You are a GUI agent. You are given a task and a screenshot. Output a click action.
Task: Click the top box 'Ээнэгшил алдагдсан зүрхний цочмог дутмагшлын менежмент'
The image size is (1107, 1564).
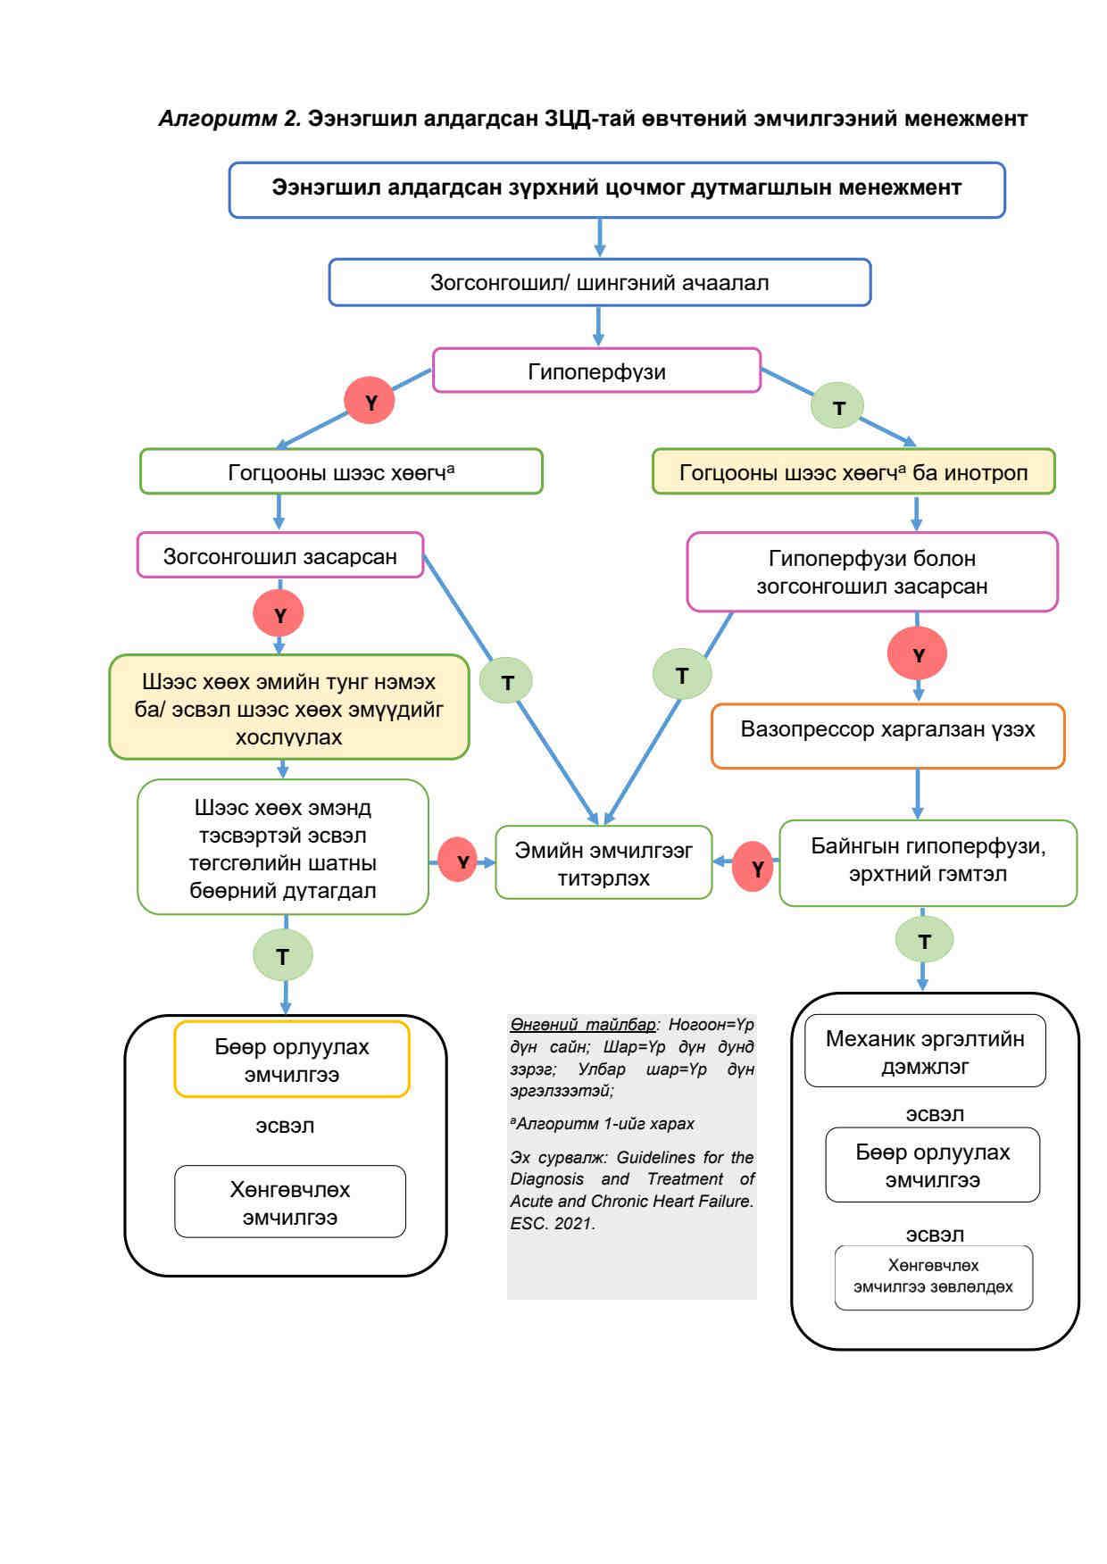[x=616, y=189]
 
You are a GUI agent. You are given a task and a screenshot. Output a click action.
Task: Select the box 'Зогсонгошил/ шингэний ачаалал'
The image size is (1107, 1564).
[x=599, y=283]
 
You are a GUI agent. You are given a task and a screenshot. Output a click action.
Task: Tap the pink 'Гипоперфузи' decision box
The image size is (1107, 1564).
[x=596, y=371]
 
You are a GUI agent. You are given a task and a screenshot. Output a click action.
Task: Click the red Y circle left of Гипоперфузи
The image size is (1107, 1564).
[x=370, y=402]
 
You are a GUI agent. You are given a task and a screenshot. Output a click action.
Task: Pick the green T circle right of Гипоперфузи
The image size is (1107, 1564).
[x=837, y=406]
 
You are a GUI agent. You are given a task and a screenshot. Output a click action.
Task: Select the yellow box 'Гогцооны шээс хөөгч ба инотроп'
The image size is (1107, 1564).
[x=853, y=472]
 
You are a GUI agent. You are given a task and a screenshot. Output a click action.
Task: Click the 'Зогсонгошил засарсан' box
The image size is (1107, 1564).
[x=279, y=556]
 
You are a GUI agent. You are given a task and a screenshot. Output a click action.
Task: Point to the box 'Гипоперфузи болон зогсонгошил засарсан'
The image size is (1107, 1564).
[x=871, y=572]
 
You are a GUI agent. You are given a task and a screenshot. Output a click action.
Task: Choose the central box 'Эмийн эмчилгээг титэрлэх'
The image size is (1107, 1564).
[x=603, y=863]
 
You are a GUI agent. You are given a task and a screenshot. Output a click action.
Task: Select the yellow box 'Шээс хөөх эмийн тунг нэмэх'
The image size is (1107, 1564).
[x=288, y=708]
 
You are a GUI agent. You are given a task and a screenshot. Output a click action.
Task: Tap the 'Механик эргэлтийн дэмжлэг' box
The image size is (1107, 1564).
[x=925, y=1052]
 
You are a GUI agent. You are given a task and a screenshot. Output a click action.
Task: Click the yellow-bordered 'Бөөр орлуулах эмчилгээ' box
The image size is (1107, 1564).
[x=292, y=1060]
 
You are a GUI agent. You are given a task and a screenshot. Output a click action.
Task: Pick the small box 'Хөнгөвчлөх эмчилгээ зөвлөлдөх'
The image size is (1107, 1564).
[x=933, y=1277]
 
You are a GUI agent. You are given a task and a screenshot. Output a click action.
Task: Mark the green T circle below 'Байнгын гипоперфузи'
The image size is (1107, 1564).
[x=924, y=940]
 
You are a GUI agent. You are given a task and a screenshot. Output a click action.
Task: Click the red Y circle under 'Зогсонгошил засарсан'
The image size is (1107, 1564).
[x=279, y=614]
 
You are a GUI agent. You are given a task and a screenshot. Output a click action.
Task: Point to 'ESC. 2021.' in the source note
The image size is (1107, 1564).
[x=552, y=1223]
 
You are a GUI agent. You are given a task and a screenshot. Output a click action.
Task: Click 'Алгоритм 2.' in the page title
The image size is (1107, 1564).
[x=229, y=118]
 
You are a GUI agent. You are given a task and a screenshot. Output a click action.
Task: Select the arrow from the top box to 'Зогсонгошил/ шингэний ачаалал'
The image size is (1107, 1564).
[x=599, y=238]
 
